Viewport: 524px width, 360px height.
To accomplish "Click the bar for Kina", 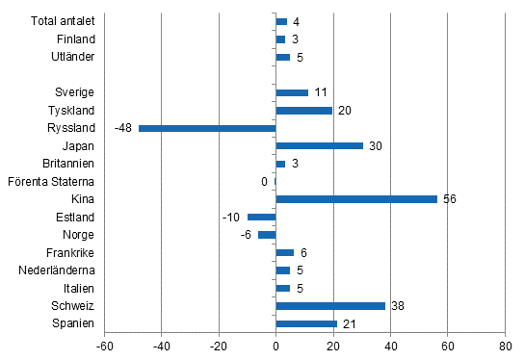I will (x=356, y=199).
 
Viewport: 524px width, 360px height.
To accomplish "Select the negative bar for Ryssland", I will (x=207, y=128).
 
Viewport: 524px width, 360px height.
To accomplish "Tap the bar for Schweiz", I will (x=330, y=306).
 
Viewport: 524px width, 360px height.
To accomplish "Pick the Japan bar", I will (x=319, y=145).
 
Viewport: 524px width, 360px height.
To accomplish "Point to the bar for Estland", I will (x=262, y=217).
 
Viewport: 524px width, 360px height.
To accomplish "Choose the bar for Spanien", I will (x=306, y=323).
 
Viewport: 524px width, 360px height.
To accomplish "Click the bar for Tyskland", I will (x=304, y=111).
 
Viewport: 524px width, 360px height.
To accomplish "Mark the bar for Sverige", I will (x=292, y=92).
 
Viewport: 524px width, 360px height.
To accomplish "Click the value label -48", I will (x=123, y=128).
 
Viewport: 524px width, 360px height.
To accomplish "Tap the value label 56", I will (x=450, y=199).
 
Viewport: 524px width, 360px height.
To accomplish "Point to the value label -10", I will (x=231, y=217).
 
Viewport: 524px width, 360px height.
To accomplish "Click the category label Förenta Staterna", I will (x=51, y=181).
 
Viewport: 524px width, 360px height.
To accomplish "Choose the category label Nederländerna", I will (x=56, y=270).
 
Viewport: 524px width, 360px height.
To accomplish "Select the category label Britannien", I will (x=68, y=164).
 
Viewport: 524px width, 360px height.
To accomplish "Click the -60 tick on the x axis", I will (x=104, y=347).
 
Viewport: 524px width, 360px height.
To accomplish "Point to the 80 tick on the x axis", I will (x=505, y=347).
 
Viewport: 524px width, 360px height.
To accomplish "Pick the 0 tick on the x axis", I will (x=276, y=347).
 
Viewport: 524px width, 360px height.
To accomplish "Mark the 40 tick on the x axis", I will (x=390, y=347).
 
